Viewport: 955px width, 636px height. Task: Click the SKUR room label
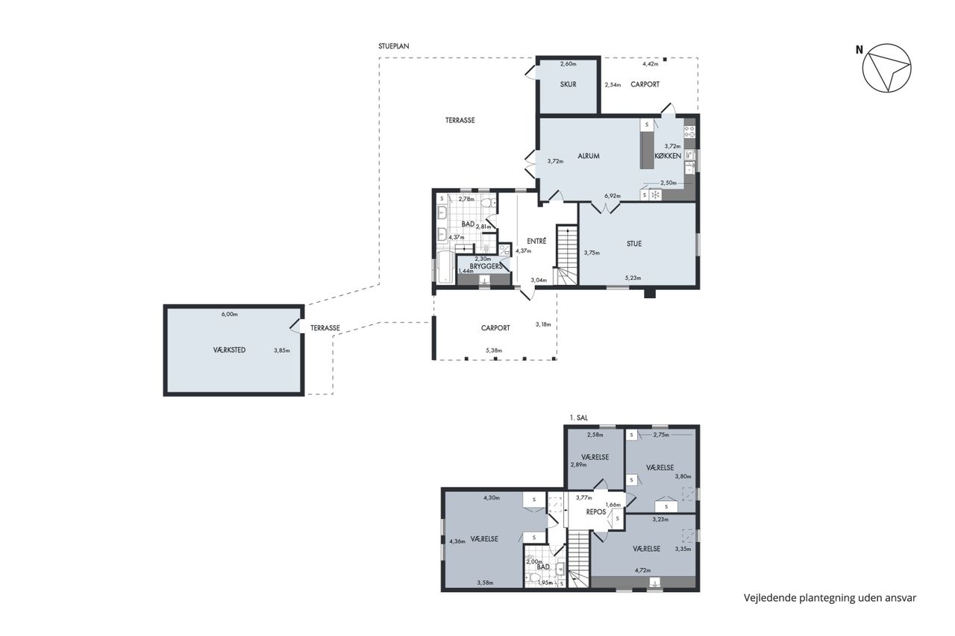pos(568,84)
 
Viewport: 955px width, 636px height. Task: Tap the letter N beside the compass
pos(859,50)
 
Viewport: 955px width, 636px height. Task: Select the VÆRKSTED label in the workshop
pos(229,350)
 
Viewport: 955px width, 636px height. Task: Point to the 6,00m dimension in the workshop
pos(229,315)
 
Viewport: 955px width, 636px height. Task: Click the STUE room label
pos(634,244)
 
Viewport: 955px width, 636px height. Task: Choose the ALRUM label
pos(589,156)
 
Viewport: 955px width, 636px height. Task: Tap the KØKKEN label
pos(668,156)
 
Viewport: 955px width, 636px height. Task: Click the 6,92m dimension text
pos(613,196)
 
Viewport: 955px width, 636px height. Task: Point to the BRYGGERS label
pos(486,266)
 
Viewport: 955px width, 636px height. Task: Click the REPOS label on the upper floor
pos(596,511)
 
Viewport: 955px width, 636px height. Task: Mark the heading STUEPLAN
pos(393,46)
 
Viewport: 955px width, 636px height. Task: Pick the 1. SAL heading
pos(578,418)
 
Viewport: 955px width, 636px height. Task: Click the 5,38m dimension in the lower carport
pos(494,350)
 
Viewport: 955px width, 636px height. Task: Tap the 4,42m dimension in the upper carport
pos(650,64)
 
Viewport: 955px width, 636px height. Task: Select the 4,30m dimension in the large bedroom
pos(492,497)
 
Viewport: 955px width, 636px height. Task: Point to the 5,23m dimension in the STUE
pos(633,278)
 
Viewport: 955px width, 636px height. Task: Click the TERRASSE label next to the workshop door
pos(325,328)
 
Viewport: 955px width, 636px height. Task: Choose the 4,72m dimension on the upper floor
pos(642,570)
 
